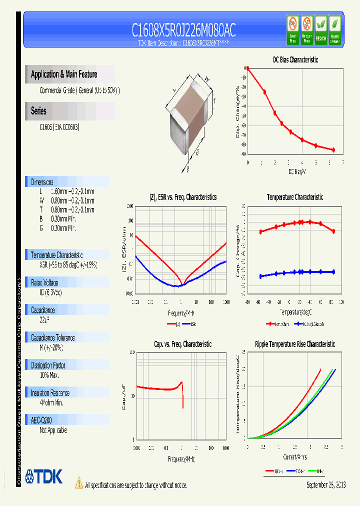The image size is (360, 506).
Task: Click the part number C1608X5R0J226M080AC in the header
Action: [183, 30]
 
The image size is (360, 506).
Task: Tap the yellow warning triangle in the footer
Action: [78, 483]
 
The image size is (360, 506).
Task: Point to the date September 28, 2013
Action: [325, 485]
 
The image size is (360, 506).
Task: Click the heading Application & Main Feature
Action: [64, 74]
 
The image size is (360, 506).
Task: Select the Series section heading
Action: [38, 111]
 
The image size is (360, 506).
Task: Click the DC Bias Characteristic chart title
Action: [295, 59]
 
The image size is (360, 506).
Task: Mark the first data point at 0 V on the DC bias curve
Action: [247, 68]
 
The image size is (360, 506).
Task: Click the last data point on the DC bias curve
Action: [333, 150]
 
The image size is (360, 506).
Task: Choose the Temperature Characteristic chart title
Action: [295, 197]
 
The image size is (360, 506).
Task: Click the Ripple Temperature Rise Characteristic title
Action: [295, 344]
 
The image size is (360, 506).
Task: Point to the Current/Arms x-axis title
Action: [295, 457]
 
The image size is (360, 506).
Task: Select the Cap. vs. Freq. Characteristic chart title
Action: [182, 344]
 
